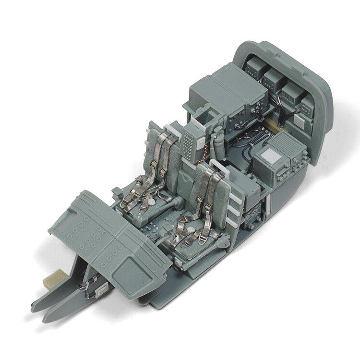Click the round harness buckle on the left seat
coord(150,203)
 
